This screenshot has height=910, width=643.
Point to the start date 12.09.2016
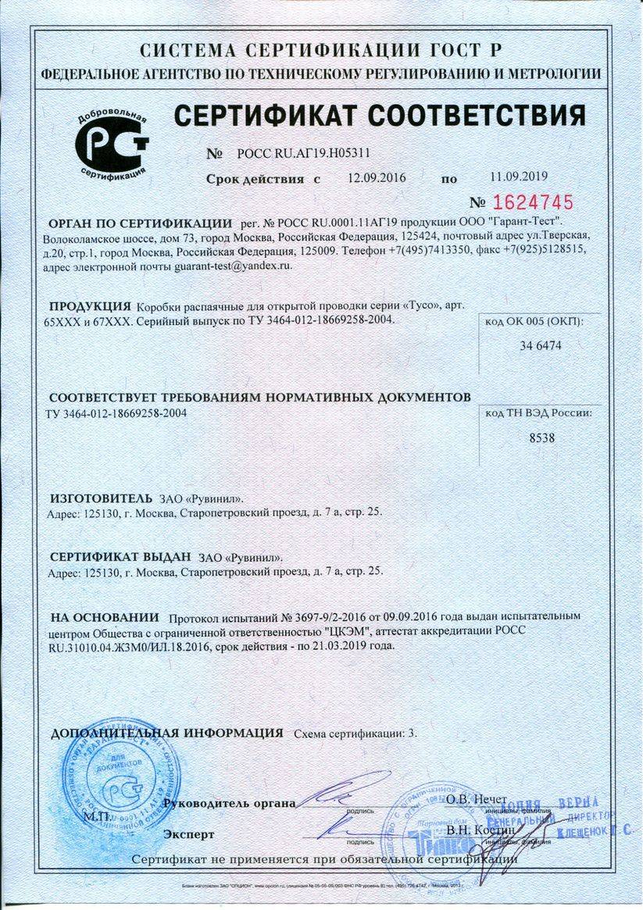click(377, 178)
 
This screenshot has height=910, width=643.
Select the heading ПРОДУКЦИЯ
click(90, 305)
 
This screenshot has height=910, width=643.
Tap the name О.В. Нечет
click(477, 800)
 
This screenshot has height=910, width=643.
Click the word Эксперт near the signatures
click(189, 834)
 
